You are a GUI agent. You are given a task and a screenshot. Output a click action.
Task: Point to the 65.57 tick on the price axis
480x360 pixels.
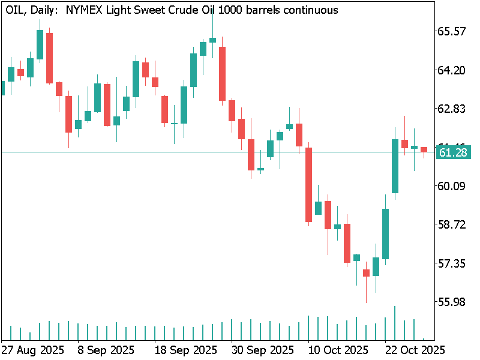[x=452, y=31]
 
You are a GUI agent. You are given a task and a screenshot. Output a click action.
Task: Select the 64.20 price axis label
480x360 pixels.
[x=452, y=70]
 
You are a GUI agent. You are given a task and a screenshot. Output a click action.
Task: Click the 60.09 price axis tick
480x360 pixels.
[x=452, y=186]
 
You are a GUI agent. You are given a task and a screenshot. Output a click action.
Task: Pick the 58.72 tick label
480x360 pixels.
[x=452, y=224]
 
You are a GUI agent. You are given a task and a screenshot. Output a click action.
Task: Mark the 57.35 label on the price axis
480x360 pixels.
[x=452, y=263]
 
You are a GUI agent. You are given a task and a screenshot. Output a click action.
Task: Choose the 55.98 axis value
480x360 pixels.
[x=452, y=302]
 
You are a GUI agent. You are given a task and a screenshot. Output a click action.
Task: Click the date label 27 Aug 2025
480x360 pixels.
[x=32, y=349]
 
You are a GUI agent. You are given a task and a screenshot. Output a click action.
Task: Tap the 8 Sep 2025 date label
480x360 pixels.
[x=106, y=349]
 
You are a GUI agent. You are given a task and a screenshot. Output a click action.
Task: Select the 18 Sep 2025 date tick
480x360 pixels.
[x=185, y=349]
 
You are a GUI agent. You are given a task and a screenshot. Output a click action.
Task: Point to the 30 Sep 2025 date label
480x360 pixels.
[x=262, y=349]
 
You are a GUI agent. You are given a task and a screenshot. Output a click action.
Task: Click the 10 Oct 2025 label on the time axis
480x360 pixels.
[x=338, y=349]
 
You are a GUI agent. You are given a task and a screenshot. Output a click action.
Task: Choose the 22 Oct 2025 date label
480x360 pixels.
[x=414, y=349]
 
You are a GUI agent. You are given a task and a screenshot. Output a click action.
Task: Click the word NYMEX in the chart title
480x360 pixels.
[x=83, y=10]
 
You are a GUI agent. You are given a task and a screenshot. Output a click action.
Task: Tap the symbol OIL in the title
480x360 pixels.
[x=15, y=10]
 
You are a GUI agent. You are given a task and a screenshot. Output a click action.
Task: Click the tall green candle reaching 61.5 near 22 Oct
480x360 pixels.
[x=395, y=166]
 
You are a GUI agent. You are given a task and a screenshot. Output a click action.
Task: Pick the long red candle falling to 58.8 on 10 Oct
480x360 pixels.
[x=309, y=184]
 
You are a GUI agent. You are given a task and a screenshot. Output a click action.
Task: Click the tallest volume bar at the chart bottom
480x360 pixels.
[x=395, y=323]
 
